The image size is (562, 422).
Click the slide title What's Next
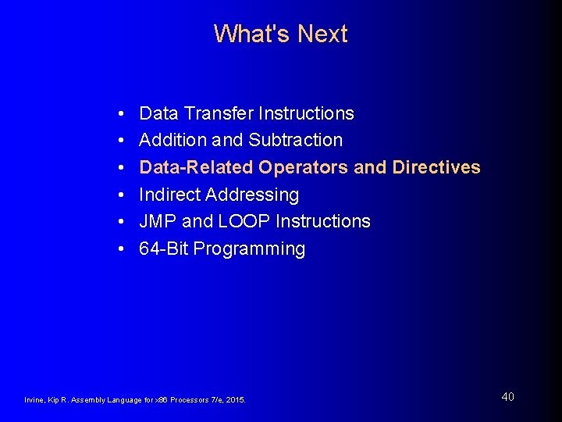(280, 34)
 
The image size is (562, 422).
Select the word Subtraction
(295, 140)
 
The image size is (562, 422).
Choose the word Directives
(436, 167)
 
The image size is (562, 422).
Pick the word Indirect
(169, 195)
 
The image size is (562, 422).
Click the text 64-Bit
(163, 249)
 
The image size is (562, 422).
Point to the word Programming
(249, 249)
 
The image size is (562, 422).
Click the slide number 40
(507, 397)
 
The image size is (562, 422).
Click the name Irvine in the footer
(35, 400)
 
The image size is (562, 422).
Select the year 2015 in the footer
(235, 400)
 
